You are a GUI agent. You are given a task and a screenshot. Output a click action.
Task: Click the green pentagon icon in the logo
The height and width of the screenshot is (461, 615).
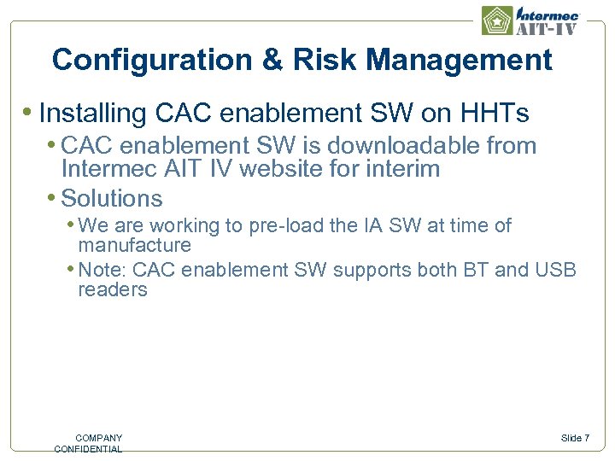click(x=497, y=20)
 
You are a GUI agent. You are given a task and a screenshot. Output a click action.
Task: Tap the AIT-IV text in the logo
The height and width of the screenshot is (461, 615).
click(x=548, y=27)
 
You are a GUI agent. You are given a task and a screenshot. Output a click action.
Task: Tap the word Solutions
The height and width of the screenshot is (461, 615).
click(x=112, y=199)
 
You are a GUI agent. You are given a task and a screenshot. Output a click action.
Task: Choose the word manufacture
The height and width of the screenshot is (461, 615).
click(x=134, y=246)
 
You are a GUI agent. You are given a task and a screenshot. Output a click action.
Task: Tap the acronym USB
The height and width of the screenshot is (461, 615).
click(x=555, y=271)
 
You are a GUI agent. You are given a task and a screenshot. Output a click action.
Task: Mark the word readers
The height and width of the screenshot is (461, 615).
click(x=113, y=290)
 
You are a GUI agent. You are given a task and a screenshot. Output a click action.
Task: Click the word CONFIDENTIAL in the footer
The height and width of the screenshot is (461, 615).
click(x=88, y=449)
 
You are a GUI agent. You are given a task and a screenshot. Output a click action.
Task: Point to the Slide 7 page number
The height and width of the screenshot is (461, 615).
click(x=575, y=438)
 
